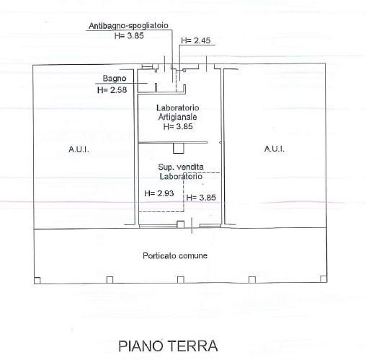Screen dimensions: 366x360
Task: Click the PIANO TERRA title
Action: (x=168, y=346)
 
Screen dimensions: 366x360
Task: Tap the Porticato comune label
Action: (x=175, y=255)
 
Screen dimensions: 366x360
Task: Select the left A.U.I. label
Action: (x=79, y=149)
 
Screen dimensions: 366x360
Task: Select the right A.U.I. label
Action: (x=274, y=149)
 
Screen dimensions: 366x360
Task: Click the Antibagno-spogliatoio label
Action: (x=128, y=26)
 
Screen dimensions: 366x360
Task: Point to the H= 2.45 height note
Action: (x=196, y=40)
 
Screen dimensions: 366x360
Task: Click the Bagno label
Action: (x=115, y=79)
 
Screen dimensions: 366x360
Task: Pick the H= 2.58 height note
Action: (x=112, y=90)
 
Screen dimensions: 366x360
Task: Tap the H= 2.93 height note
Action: (x=159, y=193)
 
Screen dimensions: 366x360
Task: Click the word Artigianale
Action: (x=178, y=117)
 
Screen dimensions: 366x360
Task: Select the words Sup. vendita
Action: (x=181, y=167)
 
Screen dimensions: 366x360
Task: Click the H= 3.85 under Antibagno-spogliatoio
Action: (x=129, y=35)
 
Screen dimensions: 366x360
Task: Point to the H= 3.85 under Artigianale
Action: (x=178, y=126)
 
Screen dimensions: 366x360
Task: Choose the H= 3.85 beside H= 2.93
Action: (x=201, y=198)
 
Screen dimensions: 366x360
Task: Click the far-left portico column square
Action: (x=37, y=281)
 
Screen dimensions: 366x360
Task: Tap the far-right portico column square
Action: (x=323, y=279)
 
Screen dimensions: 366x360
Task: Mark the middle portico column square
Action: (x=181, y=280)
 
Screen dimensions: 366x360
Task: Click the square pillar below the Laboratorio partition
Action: (x=179, y=148)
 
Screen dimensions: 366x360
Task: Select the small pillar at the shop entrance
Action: (x=181, y=224)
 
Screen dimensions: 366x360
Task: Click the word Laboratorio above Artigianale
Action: (x=178, y=107)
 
